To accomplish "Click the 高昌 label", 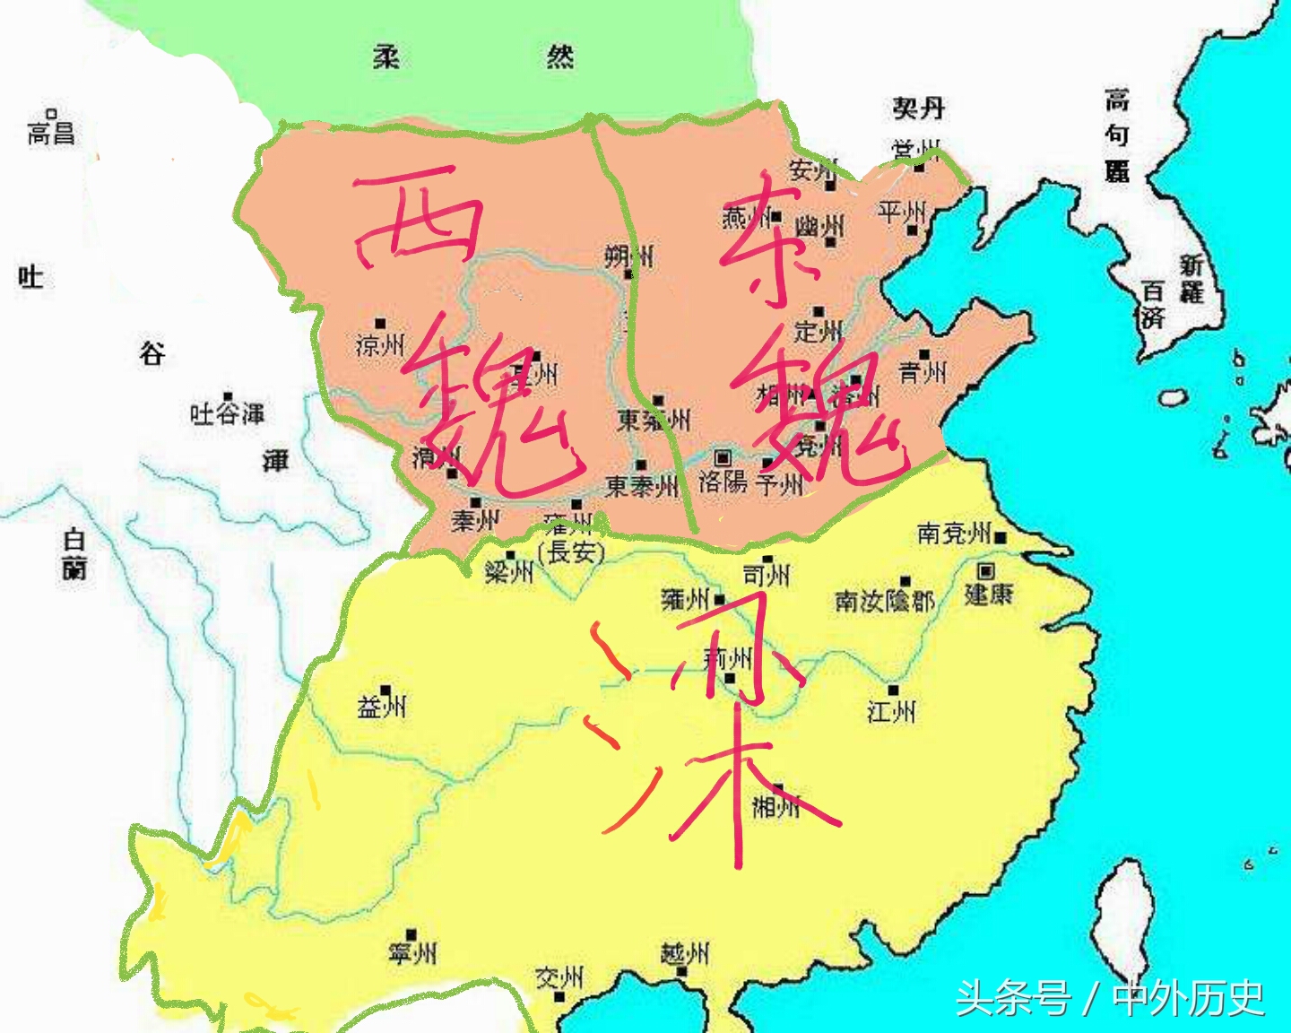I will (x=51, y=133).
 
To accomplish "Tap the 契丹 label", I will (x=918, y=109).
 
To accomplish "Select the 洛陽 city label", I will (x=723, y=482).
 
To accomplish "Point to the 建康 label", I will (x=989, y=594).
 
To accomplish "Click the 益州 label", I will (x=382, y=707).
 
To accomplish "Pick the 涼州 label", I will (x=380, y=344).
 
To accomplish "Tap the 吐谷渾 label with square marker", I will (x=228, y=413).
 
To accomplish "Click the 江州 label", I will (x=892, y=712).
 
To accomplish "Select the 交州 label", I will (x=559, y=977).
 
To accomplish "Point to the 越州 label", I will (x=684, y=954).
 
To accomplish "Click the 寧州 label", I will (x=412, y=952).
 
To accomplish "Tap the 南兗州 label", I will (x=954, y=534).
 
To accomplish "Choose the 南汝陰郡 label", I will (x=884, y=601).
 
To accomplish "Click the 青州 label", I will (x=923, y=372).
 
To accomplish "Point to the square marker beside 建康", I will (x=986, y=570).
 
